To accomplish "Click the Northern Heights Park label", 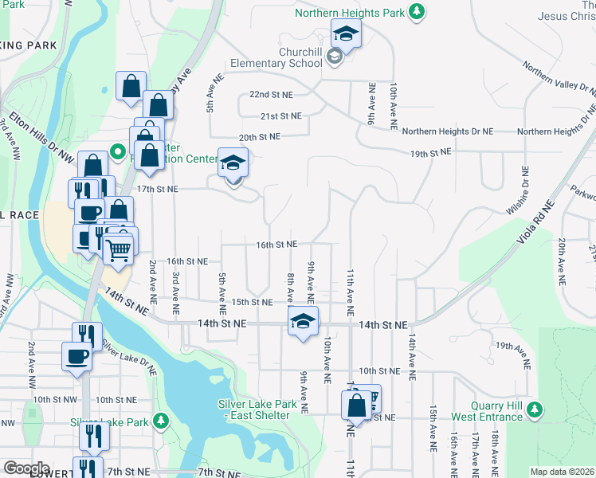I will pyautogui.click(x=349, y=13).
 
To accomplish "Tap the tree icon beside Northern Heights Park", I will pyautogui.click(x=415, y=11).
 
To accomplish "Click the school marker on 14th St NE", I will pyautogui.click(x=303, y=321).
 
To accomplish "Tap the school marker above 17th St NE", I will pyautogui.click(x=233, y=163).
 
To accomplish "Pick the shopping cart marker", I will pyautogui.click(x=118, y=250).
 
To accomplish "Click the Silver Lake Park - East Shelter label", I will pyautogui.click(x=257, y=410).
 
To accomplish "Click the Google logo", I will pyautogui.click(x=26, y=468).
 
